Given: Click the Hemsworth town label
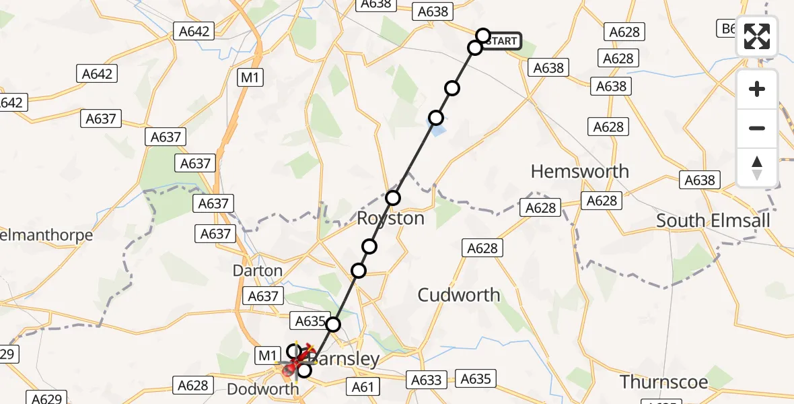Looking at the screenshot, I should pyautogui.click(x=579, y=171).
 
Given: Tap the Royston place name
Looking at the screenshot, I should pyautogui.click(x=390, y=219).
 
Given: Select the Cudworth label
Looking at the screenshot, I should pyautogui.click(x=459, y=295).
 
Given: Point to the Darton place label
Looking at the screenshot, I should pyautogui.click(x=257, y=271).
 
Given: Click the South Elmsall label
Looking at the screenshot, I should pyautogui.click(x=713, y=221).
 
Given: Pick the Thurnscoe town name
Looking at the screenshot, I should pyautogui.click(x=664, y=382).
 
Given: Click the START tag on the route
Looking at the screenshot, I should pyautogui.click(x=501, y=41).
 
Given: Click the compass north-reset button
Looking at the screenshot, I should pyautogui.click(x=757, y=168).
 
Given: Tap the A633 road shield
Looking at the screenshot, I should pyautogui.click(x=426, y=380).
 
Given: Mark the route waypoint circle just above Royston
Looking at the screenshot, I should pyautogui.click(x=393, y=198).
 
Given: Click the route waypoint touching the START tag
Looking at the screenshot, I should pyautogui.click(x=483, y=35).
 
